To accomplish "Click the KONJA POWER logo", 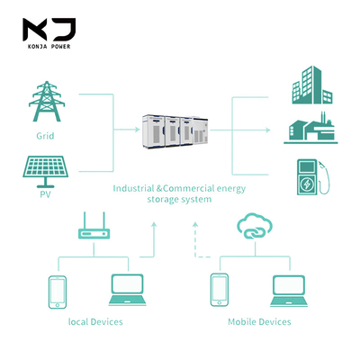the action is [x=49, y=33].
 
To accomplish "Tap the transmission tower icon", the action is [x=47, y=101].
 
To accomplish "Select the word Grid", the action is [x=45, y=136].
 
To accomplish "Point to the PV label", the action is [x=45, y=194].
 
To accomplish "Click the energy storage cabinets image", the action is [x=175, y=131].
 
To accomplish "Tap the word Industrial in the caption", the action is [x=133, y=188].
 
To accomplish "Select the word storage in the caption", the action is [x=162, y=200].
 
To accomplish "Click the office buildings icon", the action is [x=312, y=85].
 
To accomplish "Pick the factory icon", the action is [x=310, y=128].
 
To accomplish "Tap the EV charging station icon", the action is [x=313, y=177].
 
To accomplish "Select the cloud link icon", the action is [x=255, y=226].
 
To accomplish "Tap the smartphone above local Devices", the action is [x=58, y=292].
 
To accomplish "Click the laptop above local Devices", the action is [x=127, y=290].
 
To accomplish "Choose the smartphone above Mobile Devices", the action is [x=220, y=290].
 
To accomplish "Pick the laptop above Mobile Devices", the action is [x=289, y=291].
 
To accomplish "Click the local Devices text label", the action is [x=95, y=322].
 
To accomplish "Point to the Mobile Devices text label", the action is [x=259, y=322].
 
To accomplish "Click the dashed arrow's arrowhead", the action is [x=195, y=224].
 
